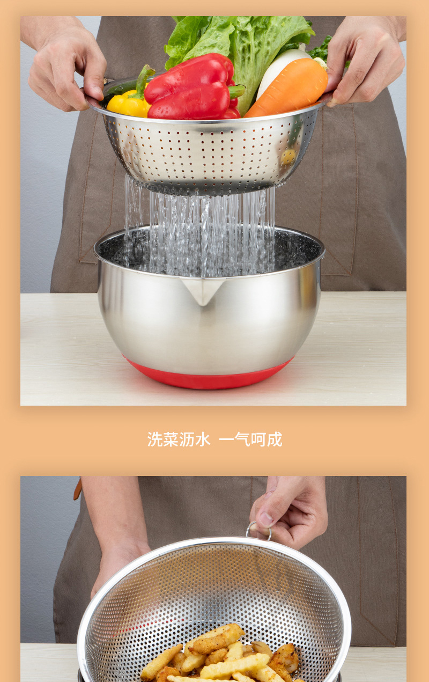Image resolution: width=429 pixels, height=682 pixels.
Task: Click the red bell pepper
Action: pyautogui.click(x=188, y=89)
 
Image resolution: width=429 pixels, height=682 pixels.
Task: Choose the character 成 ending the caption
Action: pyautogui.click(x=275, y=439)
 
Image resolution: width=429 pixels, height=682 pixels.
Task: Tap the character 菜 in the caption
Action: pyautogui.click(x=171, y=439)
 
